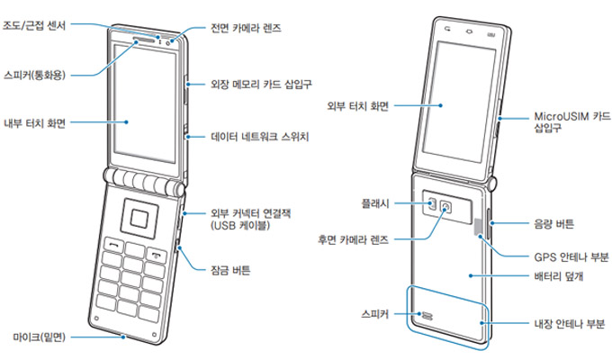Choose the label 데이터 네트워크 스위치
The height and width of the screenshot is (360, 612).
pyautogui.click(x=260, y=138)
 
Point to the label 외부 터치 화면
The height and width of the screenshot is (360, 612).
pyautogui.click(x=359, y=106)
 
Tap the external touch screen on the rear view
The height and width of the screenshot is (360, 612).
pyautogui.click(x=464, y=99)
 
